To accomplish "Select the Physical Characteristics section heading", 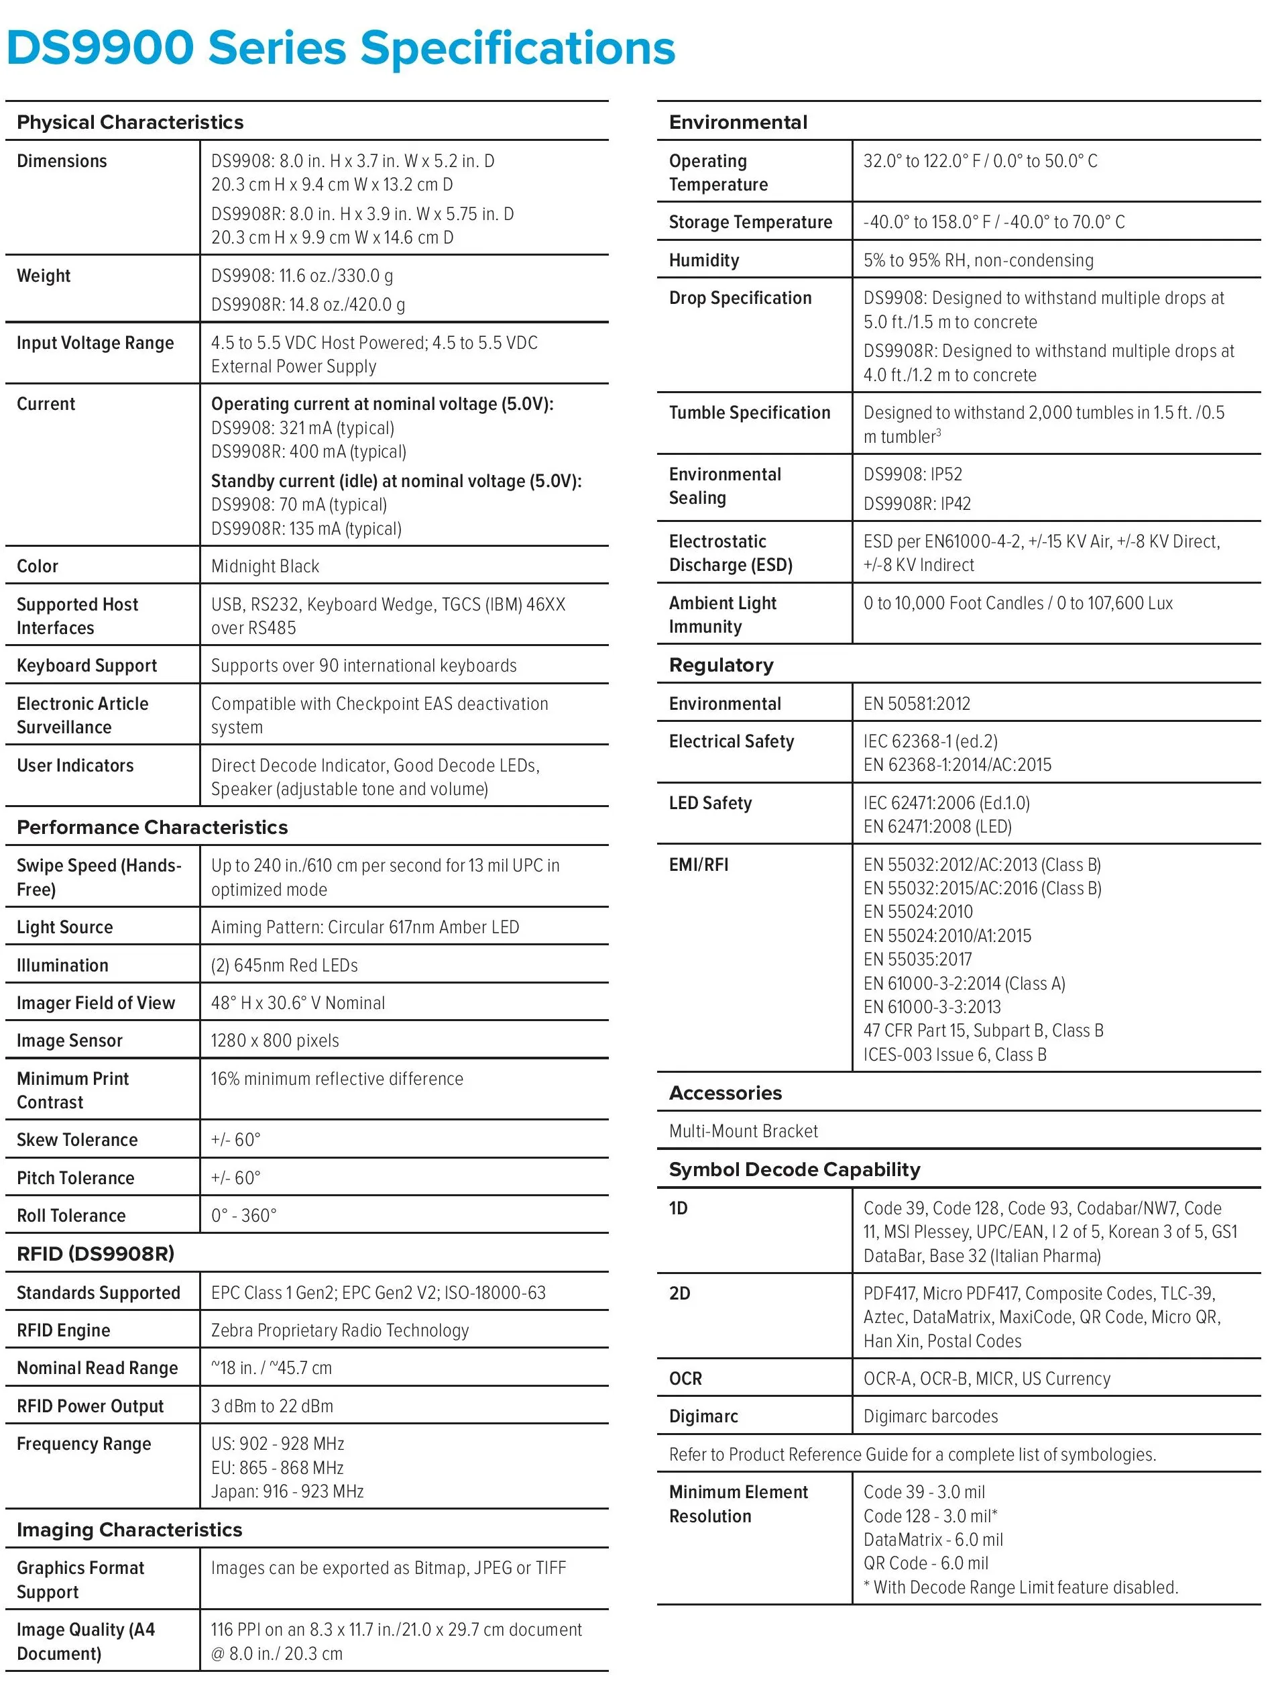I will tap(130, 122).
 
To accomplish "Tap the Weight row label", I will tap(44, 276).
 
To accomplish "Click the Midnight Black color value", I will tap(265, 566).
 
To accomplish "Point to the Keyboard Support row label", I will tap(87, 666).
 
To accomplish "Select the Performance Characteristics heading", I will tap(152, 827).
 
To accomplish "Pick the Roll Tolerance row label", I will tap(71, 1216).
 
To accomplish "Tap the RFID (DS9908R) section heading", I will tap(95, 1254).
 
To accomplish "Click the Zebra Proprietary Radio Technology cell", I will tap(340, 1330).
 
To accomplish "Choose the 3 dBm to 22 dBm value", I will tap(272, 1406).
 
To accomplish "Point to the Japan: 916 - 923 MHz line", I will tap(287, 1491).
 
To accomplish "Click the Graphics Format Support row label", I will tap(80, 1580).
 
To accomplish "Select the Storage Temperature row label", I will tap(750, 222).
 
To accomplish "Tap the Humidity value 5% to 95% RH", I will tap(978, 261).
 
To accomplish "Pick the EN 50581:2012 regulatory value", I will tap(917, 704).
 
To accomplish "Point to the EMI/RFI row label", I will tap(699, 865).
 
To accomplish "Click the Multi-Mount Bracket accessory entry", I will tap(743, 1131).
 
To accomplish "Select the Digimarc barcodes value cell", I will tap(931, 1416).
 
